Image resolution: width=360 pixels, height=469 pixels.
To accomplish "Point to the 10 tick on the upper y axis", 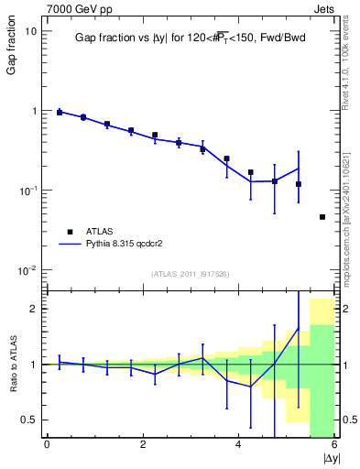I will coord(30,31).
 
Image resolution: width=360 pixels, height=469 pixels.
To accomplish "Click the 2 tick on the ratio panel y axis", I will coord(32,309).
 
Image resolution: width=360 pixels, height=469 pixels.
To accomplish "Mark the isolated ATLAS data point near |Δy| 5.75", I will coord(322,217).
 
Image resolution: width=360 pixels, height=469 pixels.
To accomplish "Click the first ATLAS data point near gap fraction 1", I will coord(60,112).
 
